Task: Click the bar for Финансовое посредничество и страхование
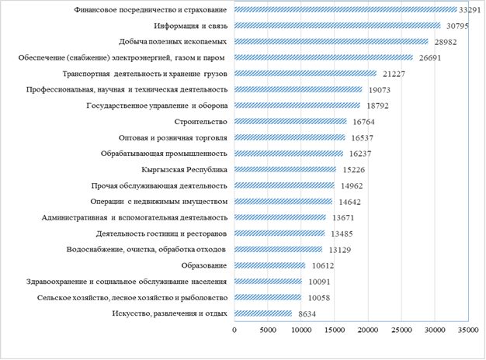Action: pos(345,10)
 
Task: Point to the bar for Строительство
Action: pos(290,122)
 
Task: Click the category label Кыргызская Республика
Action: pos(185,170)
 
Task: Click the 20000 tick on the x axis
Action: pos(367,330)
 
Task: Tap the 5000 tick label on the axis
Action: pos(268,330)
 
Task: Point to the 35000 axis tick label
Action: pos(467,330)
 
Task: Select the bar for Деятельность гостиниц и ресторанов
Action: pos(279,234)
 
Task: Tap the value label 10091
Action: pos(318,282)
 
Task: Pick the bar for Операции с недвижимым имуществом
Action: pos(283,202)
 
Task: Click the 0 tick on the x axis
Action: pos(234,330)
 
